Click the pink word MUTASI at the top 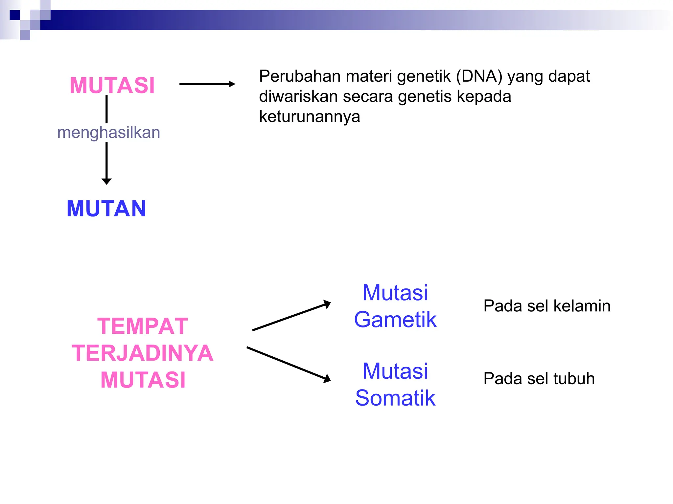112,85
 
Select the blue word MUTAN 106,209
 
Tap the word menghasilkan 108,133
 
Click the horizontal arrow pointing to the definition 207,84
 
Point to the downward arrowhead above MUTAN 106,181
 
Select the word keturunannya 309,116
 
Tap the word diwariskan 298,96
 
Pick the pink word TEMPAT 143,326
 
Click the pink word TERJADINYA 143,353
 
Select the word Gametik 395,320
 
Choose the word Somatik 395,398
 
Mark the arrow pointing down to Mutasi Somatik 288,364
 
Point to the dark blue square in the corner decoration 15,15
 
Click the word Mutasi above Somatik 395,371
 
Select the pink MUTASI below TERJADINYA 143,380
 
